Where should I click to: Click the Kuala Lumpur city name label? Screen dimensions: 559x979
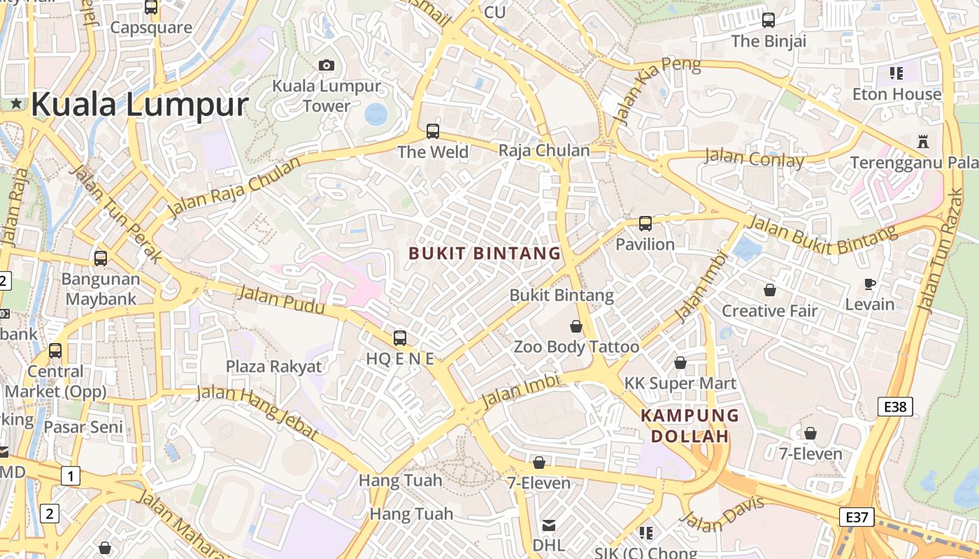140,105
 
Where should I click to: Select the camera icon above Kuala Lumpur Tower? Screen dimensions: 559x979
327,65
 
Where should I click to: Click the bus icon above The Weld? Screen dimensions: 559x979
433,131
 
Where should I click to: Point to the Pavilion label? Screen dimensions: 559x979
645,245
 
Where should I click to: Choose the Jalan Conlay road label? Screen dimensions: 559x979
754,158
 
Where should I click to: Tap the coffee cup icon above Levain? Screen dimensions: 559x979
869,283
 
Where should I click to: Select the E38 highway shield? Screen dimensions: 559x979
896,406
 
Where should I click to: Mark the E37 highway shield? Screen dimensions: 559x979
857,517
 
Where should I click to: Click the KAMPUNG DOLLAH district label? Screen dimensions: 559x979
690,426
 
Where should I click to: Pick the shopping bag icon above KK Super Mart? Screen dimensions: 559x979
680,363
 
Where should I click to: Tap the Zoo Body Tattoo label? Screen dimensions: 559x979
576,347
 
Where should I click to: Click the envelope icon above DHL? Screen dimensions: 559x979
549,525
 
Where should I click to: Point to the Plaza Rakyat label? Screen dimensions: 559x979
273,367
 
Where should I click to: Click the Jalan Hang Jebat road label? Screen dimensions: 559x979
258,412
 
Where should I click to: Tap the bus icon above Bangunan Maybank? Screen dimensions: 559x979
101,258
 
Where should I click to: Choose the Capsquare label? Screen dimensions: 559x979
151,28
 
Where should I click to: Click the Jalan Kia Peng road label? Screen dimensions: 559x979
657,91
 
